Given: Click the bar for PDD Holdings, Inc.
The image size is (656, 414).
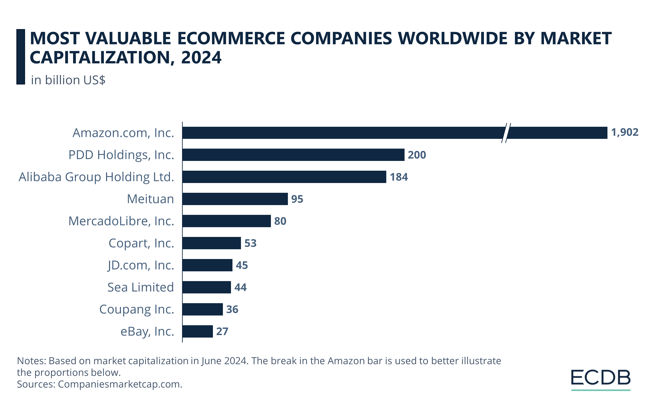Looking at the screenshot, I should click(x=293, y=155).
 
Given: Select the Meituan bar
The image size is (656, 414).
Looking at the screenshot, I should click(x=235, y=199).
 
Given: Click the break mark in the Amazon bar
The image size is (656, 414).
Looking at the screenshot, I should click(x=506, y=133).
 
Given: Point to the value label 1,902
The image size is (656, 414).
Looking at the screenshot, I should click(x=624, y=132).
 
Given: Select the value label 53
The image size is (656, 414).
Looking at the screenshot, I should click(x=250, y=243).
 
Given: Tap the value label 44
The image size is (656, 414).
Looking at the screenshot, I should click(x=240, y=287).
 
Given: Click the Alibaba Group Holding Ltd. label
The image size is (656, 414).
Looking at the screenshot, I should click(x=96, y=177).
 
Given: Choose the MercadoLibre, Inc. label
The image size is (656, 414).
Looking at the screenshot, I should click(x=121, y=221).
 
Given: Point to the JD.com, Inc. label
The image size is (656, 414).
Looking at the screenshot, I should click(x=141, y=265).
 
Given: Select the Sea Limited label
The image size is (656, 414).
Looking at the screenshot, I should click(x=141, y=287).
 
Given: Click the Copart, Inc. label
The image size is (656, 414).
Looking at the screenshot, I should click(x=141, y=243).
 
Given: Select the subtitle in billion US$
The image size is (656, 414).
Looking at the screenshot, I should click(x=68, y=80).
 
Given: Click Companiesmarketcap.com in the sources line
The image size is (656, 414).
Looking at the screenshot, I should click(x=120, y=384).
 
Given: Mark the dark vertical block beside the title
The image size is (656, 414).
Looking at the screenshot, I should click(x=21, y=57).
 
